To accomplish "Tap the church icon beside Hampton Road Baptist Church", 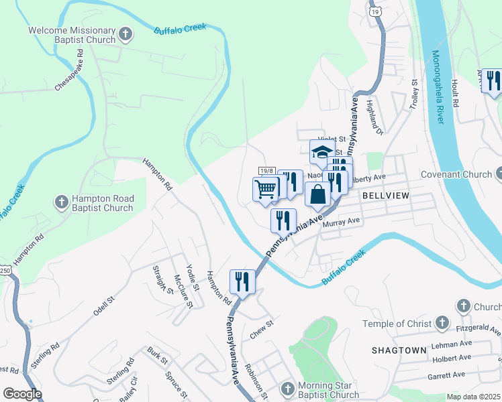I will coord(61,202).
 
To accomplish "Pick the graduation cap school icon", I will coord(321,151).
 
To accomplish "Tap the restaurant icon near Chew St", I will coord(242,281).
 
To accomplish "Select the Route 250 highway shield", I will coord(5,270).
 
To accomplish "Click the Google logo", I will coord(22,394).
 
